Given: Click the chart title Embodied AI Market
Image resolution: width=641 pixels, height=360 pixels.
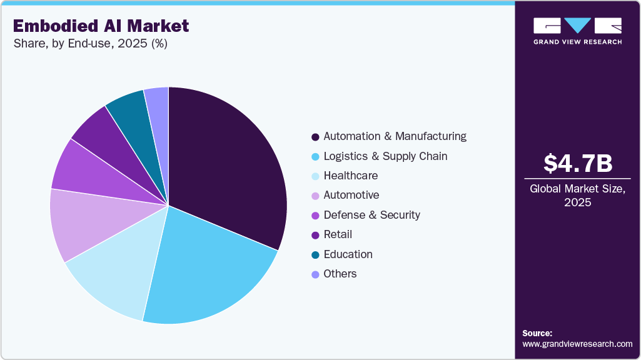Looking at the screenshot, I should (101, 26).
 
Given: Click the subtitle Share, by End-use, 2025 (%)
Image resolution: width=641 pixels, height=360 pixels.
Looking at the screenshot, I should (90, 44).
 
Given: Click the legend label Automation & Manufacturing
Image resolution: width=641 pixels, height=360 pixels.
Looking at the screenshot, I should (395, 136).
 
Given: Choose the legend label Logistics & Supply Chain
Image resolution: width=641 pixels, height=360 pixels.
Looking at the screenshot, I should (385, 156).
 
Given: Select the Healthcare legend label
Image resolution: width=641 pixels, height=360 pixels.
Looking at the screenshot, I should (350, 176).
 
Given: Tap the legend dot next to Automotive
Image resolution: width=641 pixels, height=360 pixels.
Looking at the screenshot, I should (315, 196).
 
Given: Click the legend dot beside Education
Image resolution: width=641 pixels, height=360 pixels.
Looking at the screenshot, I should (315, 255).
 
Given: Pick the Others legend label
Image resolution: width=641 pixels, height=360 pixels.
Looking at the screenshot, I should (340, 274).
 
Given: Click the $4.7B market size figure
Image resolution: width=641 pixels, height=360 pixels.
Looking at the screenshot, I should (577, 164).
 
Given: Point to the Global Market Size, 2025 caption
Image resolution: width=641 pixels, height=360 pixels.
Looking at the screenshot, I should (577, 196).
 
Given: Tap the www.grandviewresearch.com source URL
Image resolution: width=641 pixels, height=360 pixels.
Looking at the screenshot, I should (577, 344).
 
